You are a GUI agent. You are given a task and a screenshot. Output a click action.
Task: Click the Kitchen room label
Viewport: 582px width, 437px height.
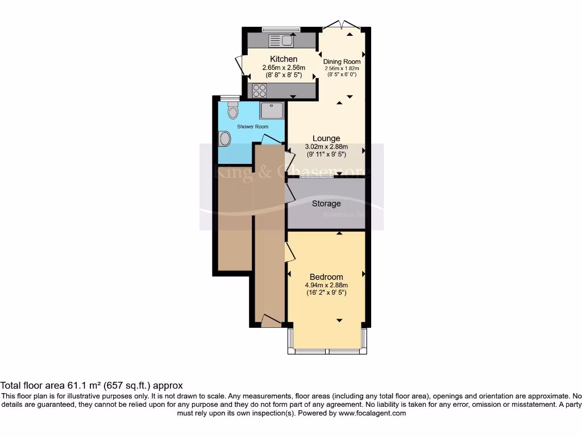pos(283,59)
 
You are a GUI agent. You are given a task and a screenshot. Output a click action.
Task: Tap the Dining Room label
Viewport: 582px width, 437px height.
pos(342,61)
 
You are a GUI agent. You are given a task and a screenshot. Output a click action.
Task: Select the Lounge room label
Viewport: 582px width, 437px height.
pos(326,138)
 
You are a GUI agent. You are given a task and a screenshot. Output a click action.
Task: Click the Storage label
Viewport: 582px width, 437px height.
pos(326,203)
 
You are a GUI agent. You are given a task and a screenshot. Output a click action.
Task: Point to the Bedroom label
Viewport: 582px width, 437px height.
pos(326,277)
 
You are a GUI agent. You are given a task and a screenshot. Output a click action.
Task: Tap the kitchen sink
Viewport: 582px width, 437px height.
pos(280,40)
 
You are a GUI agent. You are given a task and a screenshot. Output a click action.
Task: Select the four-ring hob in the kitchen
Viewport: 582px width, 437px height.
pos(259,90)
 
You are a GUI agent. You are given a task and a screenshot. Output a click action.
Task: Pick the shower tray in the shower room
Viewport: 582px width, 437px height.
pos(272,110)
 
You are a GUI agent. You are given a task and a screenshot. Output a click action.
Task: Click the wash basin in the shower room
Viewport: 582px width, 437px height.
pos(225,138)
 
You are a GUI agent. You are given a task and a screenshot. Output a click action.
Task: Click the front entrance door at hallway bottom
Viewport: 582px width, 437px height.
pos(271,321)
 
